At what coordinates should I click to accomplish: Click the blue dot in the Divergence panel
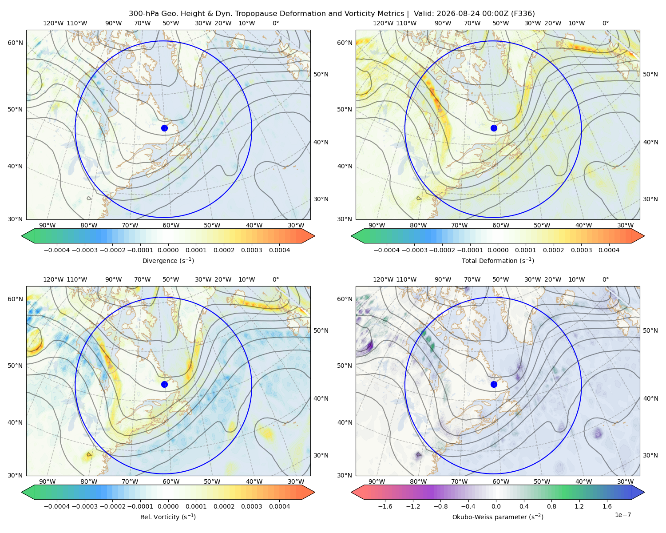[164, 128]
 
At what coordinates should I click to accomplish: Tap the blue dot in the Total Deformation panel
[494, 128]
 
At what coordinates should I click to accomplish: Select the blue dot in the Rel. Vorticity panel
[164, 384]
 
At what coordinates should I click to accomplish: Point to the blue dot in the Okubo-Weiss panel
[494, 384]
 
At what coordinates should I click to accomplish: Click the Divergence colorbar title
[168, 260]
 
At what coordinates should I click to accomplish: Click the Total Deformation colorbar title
[498, 260]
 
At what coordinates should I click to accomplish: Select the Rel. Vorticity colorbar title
[168, 517]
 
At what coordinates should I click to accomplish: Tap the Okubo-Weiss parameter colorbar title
[498, 517]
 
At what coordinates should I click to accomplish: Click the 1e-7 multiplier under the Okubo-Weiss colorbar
[622, 515]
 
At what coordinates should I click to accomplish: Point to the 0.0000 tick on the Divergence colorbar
[168, 250]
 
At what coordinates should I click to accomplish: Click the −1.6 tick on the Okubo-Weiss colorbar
[385, 506]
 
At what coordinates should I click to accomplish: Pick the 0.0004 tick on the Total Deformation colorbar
[609, 250]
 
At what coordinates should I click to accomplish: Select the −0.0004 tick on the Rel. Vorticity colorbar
[57, 506]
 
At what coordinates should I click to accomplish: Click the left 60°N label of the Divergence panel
[15, 43]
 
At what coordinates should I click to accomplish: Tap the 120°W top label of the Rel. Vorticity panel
[53, 279]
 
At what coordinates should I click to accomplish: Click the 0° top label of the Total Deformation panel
[605, 23]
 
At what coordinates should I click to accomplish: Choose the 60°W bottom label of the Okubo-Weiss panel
[500, 481]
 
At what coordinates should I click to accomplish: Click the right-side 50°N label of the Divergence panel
[321, 74]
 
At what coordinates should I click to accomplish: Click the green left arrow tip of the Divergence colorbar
[22, 236]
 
